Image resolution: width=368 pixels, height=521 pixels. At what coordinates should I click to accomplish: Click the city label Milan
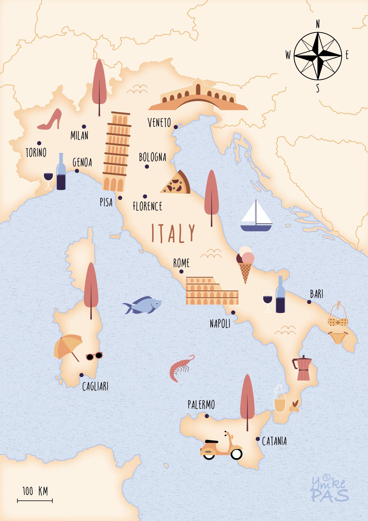79,136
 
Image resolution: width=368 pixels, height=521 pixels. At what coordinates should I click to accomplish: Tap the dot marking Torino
39,143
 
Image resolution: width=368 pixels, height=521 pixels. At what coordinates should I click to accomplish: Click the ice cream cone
245,263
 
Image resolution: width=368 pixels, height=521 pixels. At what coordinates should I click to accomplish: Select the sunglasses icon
94,356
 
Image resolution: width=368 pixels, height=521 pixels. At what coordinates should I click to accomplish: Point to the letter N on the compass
318,25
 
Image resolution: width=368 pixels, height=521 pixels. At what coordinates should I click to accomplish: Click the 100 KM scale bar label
35,491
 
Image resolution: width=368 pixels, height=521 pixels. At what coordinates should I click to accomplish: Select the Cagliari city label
95,387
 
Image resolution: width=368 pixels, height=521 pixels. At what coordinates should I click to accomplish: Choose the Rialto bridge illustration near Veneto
198,96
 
